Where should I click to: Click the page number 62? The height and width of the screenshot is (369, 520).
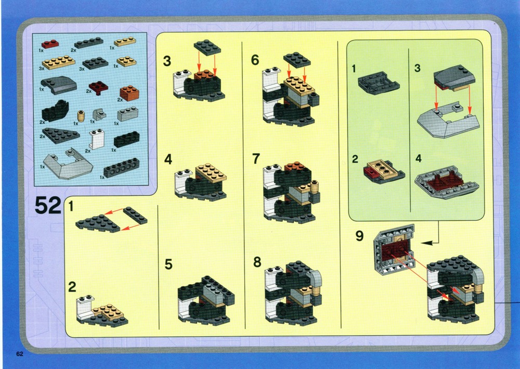coord(20,354)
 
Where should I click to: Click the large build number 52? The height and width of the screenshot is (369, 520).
coord(48,206)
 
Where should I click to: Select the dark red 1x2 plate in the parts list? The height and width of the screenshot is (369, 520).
coord(50,44)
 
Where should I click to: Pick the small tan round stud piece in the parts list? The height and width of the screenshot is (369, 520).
coord(81,116)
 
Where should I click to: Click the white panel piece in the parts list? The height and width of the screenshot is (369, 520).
coord(97,139)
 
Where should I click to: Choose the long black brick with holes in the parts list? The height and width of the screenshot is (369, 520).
coord(122,168)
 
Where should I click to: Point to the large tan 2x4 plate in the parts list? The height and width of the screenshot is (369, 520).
coord(59,62)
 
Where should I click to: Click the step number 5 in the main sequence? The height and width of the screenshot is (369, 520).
coord(168,264)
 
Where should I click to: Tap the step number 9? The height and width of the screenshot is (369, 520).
coord(359,236)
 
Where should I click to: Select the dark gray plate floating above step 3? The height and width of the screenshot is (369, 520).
coord(207,47)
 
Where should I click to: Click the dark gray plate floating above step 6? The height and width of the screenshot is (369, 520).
coord(297,60)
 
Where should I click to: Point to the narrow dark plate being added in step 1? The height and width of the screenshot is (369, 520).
coord(135,215)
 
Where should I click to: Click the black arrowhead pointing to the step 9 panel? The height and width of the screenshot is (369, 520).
coord(427,243)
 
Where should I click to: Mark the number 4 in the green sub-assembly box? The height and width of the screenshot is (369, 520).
coord(419,159)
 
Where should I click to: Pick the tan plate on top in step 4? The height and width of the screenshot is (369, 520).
coord(211,173)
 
